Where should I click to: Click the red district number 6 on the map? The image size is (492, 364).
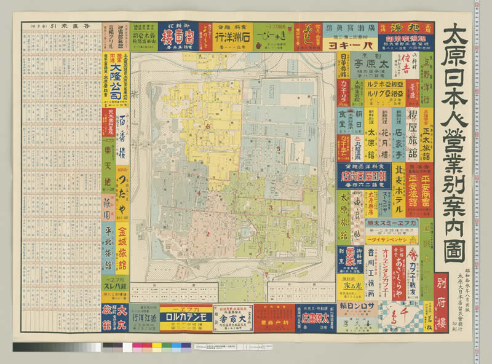pyautogui.click(x=208, y=127)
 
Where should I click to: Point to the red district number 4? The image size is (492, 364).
pyautogui.click(x=199, y=194)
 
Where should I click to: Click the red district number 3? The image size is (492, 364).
pyautogui.click(x=270, y=208)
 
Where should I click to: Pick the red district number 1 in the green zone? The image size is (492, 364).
pyautogui.click(x=287, y=234)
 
